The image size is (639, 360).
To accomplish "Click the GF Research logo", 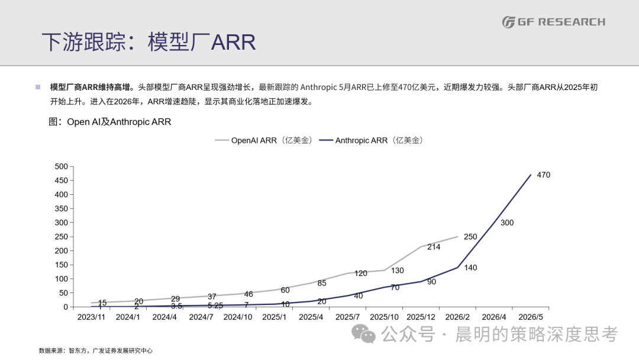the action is pyautogui.click(x=553, y=22).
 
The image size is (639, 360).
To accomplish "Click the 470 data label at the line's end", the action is pyautogui.click(x=543, y=175).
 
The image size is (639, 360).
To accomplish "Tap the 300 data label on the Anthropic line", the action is pyautogui.click(x=507, y=223).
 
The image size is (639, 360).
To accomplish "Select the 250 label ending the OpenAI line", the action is pyautogui.click(x=470, y=236).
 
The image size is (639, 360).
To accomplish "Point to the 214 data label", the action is pyautogui.click(x=434, y=247).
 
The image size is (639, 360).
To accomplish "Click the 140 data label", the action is pyautogui.click(x=470, y=268).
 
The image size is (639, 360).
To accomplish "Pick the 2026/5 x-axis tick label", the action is pyautogui.click(x=531, y=317).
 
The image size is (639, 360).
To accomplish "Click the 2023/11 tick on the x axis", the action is pyautogui.click(x=91, y=317).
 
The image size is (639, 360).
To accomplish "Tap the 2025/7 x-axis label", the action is pyautogui.click(x=348, y=317).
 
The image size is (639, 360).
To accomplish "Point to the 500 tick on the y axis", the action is pyautogui.click(x=61, y=166).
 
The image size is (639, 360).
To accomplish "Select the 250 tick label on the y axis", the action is pyautogui.click(x=61, y=236).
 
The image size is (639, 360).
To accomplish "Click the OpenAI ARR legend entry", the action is pyautogui.click(x=264, y=140).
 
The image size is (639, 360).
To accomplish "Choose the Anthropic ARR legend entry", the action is pyautogui.click(x=371, y=140).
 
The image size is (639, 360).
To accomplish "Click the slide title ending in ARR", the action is pyautogui.click(x=149, y=42).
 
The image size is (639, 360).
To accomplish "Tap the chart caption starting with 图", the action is pyautogui.click(x=109, y=122).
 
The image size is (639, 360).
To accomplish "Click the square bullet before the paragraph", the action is pyautogui.click(x=38, y=87).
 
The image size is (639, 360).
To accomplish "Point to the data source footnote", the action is pyautogui.click(x=96, y=351).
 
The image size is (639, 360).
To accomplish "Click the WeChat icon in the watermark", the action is pyautogui.click(x=363, y=334).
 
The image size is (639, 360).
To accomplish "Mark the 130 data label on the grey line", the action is pyautogui.click(x=398, y=271).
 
